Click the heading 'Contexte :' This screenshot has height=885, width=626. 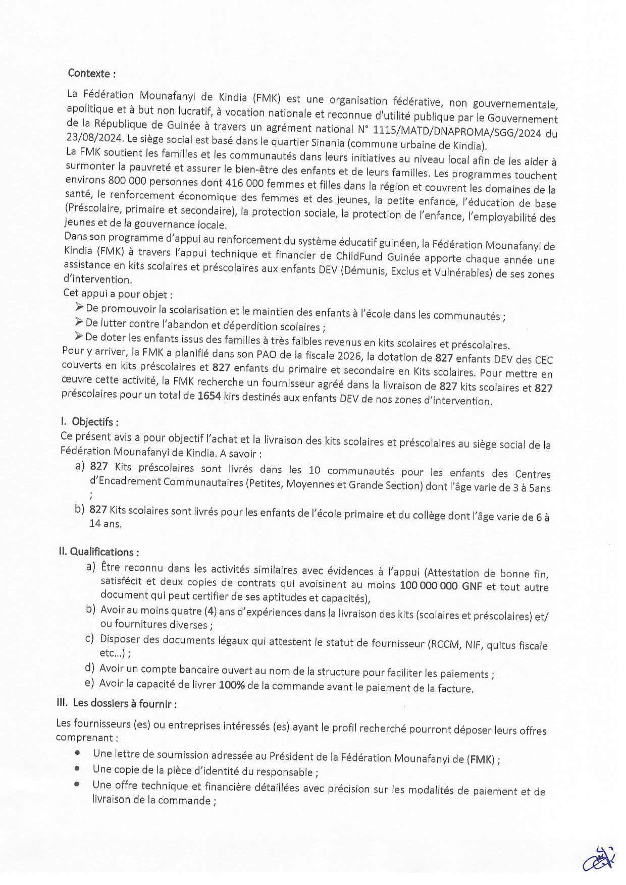[x=91, y=74]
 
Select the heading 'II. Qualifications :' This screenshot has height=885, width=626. [x=99, y=552]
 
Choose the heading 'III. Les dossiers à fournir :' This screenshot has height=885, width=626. [x=117, y=703]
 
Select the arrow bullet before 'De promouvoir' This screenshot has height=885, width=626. [x=79, y=307]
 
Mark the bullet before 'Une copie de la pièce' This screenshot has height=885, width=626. [x=77, y=769]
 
